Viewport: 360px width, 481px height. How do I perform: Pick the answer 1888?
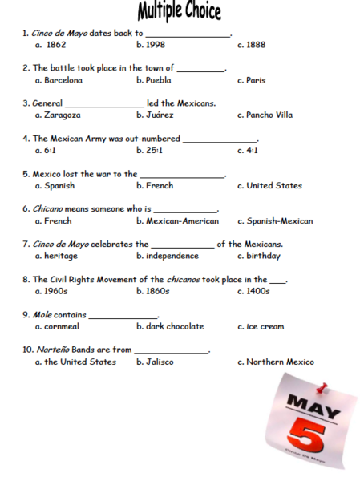[256, 45]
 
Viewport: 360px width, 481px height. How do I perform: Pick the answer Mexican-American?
[178, 221]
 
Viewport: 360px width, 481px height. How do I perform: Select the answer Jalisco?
[159, 362]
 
